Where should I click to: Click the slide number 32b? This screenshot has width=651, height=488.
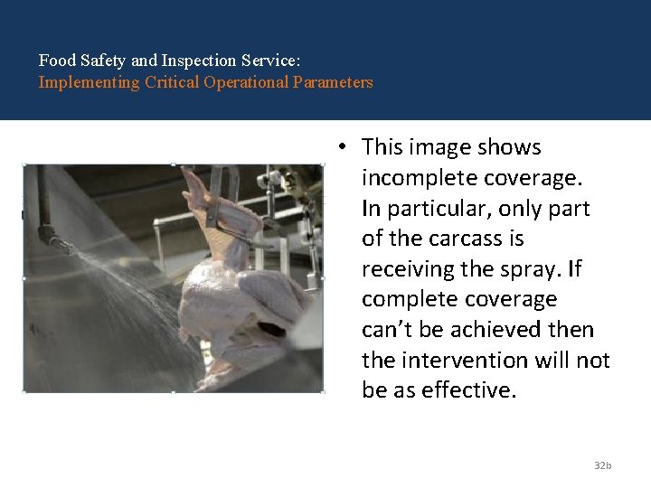(x=602, y=465)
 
